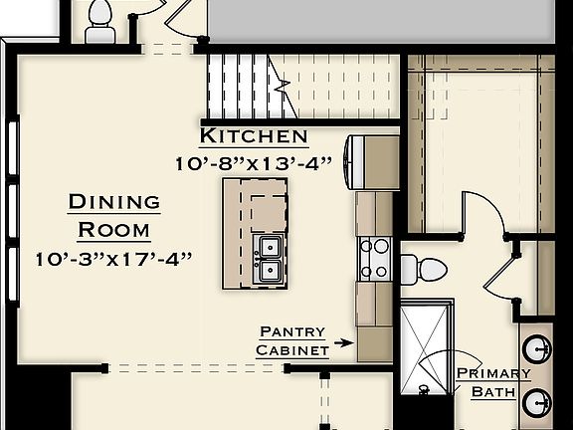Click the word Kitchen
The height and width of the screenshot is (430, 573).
[254, 136]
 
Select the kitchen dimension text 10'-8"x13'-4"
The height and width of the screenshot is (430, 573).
[254, 162]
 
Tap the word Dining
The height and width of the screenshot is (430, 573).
[113, 202]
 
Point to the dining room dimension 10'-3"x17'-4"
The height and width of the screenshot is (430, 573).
[113, 259]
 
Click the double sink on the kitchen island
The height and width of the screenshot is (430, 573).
[268, 258]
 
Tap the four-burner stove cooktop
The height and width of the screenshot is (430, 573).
[374, 257]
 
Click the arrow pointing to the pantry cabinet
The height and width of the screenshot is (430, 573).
[343, 342]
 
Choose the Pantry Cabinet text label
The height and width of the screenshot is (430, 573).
[292, 340]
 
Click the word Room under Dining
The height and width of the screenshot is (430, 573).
[113, 230]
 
